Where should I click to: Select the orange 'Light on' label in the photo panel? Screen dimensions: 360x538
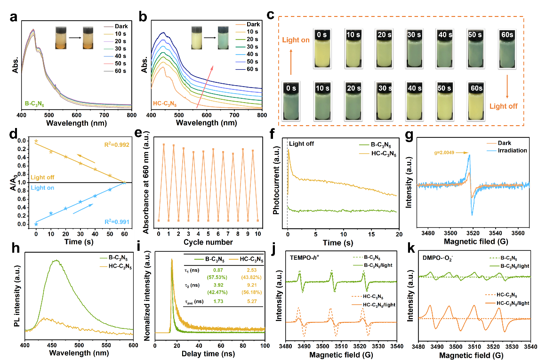click(x=295, y=40)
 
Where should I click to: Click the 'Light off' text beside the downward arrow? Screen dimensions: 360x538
click(x=503, y=106)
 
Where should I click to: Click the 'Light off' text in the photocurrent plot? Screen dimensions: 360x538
click(x=301, y=143)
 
